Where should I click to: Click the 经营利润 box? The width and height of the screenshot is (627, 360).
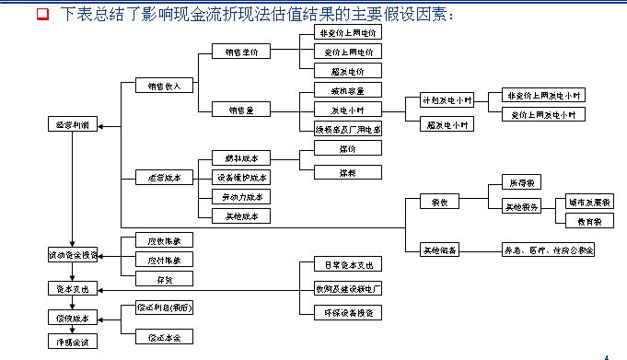[x=72, y=123]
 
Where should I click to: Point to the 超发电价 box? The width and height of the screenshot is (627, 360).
[x=341, y=70]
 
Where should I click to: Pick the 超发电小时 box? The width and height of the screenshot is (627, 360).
[x=447, y=123]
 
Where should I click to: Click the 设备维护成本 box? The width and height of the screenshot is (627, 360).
[x=242, y=178]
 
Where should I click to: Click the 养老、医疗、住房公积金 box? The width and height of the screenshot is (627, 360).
[x=547, y=250]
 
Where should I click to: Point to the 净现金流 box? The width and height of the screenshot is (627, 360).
[x=72, y=342]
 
